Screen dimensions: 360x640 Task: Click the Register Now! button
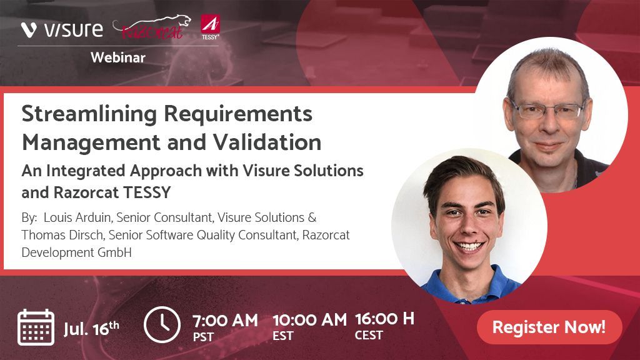[x=549, y=327]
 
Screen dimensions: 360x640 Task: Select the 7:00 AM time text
[x=225, y=321]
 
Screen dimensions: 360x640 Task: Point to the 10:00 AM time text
[x=309, y=321]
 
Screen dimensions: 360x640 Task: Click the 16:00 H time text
[x=384, y=319]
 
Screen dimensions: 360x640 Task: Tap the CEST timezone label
[x=368, y=336]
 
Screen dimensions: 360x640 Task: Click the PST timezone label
[x=203, y=337]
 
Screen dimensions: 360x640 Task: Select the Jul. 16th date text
[x=91, y=328]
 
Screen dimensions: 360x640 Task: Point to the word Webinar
[x=118, y=57]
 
